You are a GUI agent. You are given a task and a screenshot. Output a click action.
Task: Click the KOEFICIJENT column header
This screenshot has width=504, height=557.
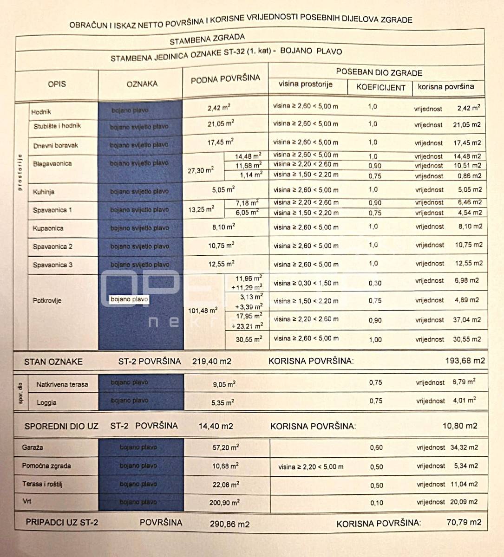(x=380, y=87)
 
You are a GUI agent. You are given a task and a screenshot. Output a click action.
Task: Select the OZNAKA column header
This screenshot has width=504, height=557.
(x=142, y=84)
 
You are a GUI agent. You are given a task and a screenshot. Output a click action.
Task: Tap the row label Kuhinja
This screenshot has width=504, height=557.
(x=45, y=192)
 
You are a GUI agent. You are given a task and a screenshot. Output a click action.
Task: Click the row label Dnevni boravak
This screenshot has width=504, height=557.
(x=56, y=145)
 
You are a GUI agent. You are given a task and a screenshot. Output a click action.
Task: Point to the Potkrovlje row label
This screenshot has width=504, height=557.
(x=47, y=300)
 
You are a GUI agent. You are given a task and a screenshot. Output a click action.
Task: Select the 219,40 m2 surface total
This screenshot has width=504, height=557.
(x=211, y=361)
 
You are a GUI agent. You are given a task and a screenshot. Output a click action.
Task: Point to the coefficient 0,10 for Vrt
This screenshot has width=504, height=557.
(x=377, y=503)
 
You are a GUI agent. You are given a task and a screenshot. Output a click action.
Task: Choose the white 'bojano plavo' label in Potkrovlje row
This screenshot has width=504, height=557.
(x=129, y=299)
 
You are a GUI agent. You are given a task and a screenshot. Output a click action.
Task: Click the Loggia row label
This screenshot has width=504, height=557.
(x=46, y=402)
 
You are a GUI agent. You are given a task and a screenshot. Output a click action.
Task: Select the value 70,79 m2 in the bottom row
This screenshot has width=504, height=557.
(x=464, y=522)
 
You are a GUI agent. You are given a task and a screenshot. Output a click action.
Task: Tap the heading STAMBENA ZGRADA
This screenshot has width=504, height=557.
(x=207, y=39)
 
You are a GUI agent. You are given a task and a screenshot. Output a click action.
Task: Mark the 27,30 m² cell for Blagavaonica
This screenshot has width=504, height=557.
(x=200, y=170)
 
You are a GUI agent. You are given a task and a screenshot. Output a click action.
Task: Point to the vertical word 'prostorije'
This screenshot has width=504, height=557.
(x=20, y=172)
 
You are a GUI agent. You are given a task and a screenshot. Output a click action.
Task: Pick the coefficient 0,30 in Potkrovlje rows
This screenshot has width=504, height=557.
(x=375, y=283)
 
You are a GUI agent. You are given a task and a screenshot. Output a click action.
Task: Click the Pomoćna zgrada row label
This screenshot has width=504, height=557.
(x=46, y=466)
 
